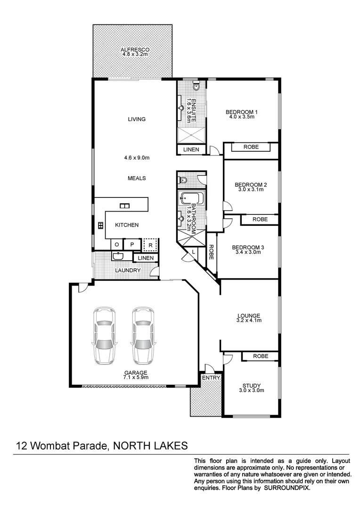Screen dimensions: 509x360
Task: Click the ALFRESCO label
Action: (135, 49)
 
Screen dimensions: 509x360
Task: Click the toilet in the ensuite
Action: (196, 86)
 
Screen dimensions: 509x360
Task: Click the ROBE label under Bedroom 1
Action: (251, 147)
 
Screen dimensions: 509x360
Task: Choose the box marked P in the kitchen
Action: (132, 245)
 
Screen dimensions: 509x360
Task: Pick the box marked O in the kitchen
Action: (116, 245)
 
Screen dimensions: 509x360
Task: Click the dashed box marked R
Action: (150, 245)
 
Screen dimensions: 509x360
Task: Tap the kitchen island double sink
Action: (125, 205)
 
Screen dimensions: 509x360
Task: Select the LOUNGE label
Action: (249, 316)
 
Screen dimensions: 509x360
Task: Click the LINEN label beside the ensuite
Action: (191, 150)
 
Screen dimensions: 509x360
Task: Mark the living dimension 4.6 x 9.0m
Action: (136, 158)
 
